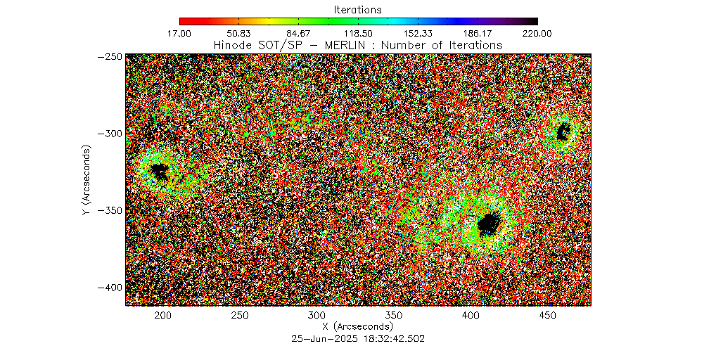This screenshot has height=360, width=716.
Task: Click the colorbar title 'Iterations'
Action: [x=358, y=10]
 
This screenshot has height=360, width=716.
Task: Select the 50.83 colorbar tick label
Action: [x=239, y=33]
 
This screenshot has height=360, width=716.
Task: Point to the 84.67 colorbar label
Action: [x=299, y=33]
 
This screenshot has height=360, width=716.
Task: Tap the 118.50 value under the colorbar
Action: [x=359, y=33]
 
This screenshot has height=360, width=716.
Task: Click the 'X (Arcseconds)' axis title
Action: [x=357, y=327]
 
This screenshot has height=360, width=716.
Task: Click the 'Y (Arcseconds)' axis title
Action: [x=85, y=181]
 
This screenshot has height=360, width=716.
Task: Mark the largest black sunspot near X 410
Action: [x=489, y=224]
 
